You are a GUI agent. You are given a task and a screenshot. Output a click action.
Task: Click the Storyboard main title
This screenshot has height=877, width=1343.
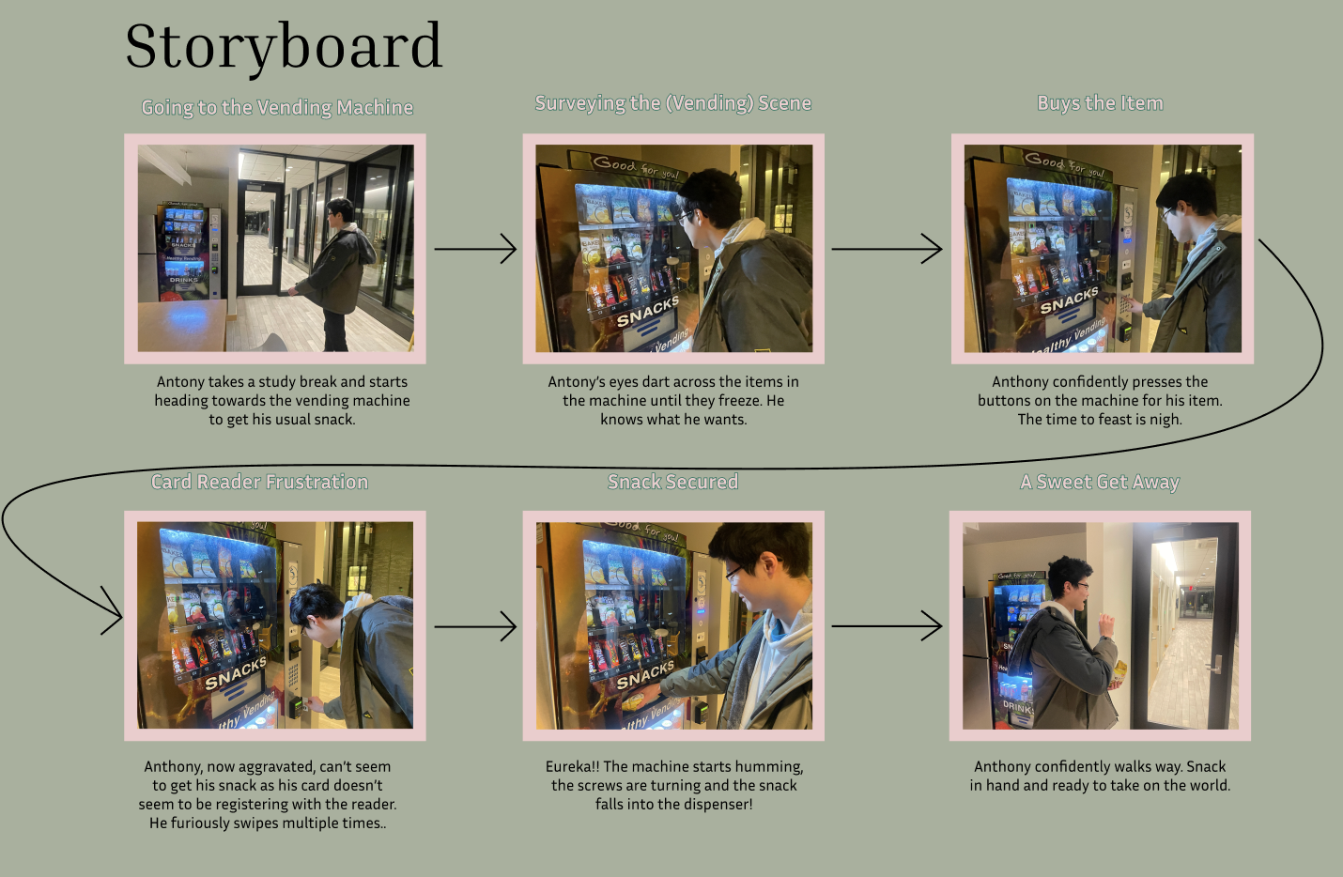coord(283,47)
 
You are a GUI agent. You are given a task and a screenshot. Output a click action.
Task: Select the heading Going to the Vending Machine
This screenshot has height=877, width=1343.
coord(277,108)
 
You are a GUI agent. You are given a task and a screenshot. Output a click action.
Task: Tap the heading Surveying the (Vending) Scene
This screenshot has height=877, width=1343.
coord(672,103)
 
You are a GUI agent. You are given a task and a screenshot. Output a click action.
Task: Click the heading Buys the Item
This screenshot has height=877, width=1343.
coord(1100,103)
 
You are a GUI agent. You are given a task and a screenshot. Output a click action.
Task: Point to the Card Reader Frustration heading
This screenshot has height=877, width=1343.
coord(259,482)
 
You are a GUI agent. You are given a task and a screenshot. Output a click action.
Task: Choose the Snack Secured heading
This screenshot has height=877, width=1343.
coord(672,482)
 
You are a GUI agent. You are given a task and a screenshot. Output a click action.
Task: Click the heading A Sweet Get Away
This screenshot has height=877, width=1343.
coord(1100,482)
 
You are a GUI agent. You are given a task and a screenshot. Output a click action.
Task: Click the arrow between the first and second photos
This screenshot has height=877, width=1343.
coord(475,249)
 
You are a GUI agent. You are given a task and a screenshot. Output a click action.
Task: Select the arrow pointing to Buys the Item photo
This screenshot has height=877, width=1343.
coord(887,249)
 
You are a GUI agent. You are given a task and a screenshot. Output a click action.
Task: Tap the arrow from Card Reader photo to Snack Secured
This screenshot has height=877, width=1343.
coord(475,626)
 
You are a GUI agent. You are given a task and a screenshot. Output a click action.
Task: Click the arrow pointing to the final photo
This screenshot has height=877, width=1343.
coord(887,626)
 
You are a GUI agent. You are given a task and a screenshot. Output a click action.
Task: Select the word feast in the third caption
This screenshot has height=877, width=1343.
coord(1115,420)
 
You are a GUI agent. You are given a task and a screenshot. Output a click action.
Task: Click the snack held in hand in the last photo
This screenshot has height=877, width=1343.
coord(1119,672)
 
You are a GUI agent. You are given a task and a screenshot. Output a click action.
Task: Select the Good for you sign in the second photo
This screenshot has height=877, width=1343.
coord(636,166)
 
